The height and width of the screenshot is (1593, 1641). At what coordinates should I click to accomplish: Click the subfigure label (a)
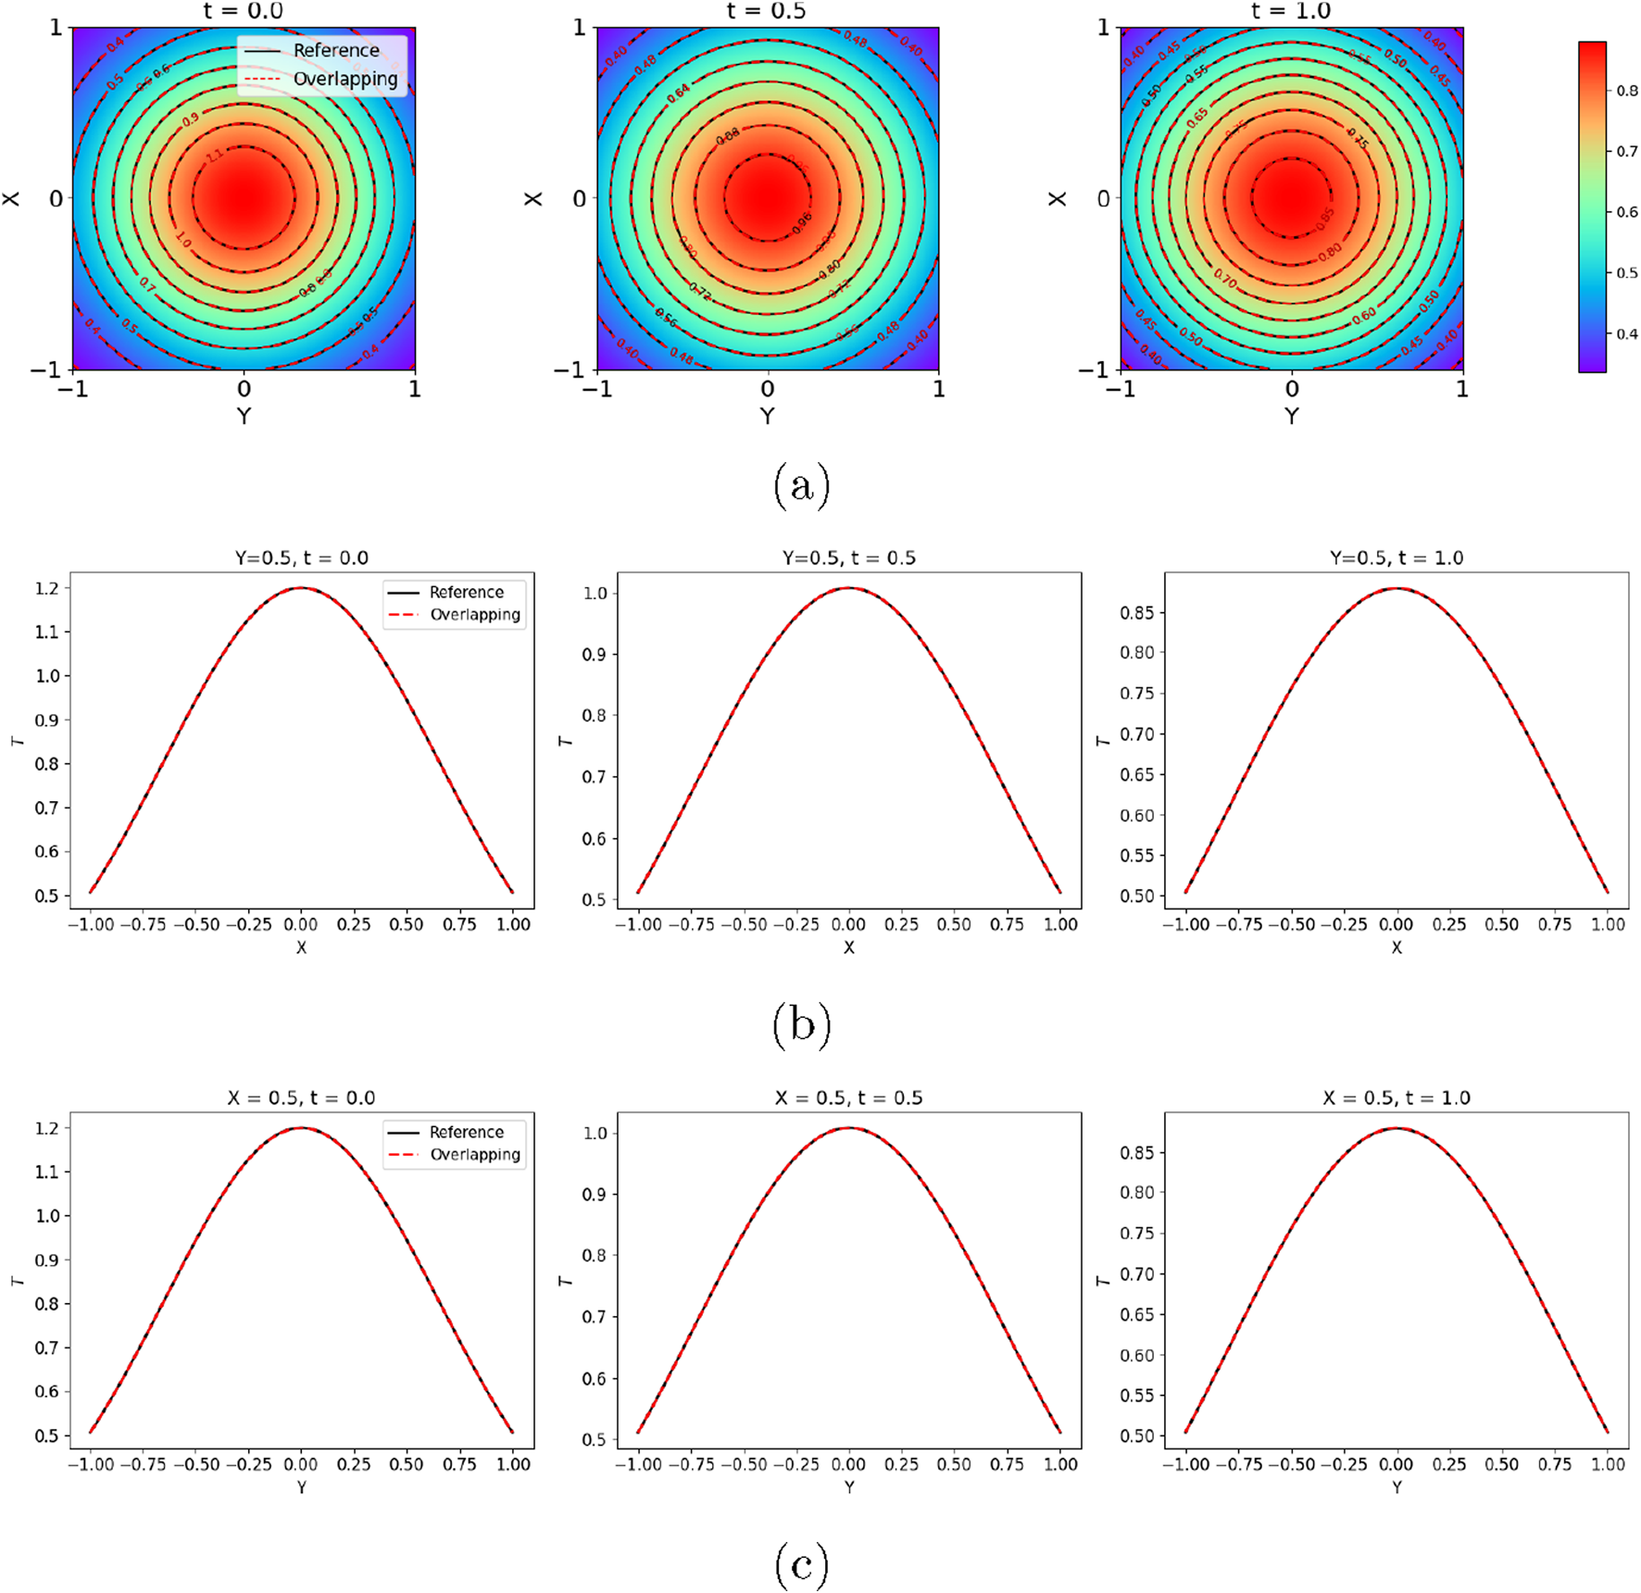click(801, 485)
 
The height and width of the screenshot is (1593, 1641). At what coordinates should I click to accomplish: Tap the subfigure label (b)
click(801, 1025)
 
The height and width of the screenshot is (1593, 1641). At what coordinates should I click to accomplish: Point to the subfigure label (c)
click(801, 1565)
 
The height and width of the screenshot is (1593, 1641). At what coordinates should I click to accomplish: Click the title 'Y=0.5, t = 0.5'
click(848, 558)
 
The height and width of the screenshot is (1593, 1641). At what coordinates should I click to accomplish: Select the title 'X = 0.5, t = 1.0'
click(1396, 1098)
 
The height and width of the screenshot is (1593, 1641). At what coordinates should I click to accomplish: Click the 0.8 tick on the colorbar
click(1626, 91)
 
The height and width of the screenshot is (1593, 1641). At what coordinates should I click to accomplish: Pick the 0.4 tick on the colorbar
click(1626, 333)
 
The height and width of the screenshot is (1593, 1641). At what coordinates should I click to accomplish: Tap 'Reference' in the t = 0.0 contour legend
click(336, 50)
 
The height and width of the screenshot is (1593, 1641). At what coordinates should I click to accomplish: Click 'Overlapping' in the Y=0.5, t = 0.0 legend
click(474, 615)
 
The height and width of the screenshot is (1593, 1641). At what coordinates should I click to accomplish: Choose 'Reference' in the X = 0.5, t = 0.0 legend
click(466, 1132)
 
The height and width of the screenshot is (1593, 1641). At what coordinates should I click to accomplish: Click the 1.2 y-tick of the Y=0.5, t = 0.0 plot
click(47, 588)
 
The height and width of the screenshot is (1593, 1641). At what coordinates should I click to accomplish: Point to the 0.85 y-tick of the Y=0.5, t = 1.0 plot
click(1137, 612)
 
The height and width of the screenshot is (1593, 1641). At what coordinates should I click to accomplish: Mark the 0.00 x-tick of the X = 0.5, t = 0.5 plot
click(848, 1464)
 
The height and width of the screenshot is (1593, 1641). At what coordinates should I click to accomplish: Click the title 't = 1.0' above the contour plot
click(1291, 11)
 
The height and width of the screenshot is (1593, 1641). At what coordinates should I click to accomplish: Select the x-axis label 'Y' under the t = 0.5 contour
click(767, 416)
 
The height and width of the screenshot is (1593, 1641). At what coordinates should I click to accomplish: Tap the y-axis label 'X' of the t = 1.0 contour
click(1057, 198)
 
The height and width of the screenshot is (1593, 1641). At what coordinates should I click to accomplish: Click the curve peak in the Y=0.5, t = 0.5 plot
click(848, 587)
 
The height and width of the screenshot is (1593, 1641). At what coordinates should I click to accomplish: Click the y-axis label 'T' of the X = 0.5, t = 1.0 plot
click(1102, 1281)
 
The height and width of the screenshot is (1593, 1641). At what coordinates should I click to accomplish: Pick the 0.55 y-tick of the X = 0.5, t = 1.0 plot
click(1137, 1395)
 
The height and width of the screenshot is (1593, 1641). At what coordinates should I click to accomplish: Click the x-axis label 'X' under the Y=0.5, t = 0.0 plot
click(301, 947)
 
